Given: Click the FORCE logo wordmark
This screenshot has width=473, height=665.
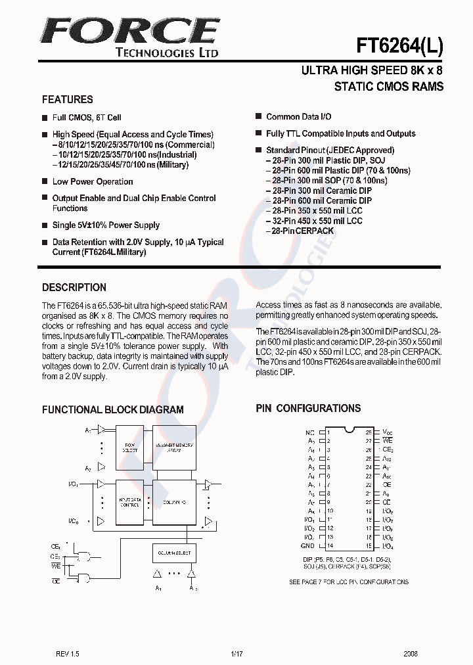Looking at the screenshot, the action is pyautogui.click(x=129, y=31).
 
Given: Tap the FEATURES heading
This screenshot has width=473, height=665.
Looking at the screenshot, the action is pyautogui.click(x=67, y=100).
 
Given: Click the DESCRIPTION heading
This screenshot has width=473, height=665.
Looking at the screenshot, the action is pyautogui.click(x=74, y=287).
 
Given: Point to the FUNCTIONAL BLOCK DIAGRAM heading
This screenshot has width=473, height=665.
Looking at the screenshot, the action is pyautogui.click(x=112, y=409).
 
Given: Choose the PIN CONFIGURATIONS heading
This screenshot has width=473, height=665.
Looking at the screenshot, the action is pyautogui.click(x=308, y=408).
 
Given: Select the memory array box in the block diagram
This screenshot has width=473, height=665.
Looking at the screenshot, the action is pyautogui.click(x=173, y=447).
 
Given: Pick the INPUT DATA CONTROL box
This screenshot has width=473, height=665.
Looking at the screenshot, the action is pyautogui.click(x=130, y=502).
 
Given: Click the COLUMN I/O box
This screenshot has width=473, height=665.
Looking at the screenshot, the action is pyautogui.click(x=173, y=502).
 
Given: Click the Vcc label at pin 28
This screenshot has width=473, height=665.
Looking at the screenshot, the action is pyautogui.click(x=387, y=432).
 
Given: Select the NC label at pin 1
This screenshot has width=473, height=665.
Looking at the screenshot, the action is pyautogui.click(x=309, y=432).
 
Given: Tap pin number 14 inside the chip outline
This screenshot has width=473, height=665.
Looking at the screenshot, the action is pyautogui.click(x=330, y=545).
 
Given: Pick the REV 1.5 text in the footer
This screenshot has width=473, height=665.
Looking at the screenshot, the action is pyautogui.click(x=67, y=654).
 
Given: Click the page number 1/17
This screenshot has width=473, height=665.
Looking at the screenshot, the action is pyautogui.click(x=236, y=654).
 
